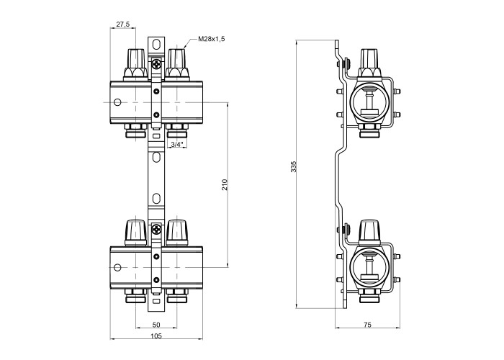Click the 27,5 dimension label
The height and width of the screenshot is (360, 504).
point(122,24)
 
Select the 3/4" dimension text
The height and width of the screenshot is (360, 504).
point(176,145)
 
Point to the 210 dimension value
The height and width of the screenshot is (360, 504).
point(225,184)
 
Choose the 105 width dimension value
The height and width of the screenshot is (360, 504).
point(156,336)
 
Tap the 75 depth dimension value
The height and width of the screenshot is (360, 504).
point(366,326)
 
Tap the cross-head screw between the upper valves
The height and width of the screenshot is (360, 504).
point(157,65)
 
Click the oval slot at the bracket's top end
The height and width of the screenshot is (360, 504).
point(156,45)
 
